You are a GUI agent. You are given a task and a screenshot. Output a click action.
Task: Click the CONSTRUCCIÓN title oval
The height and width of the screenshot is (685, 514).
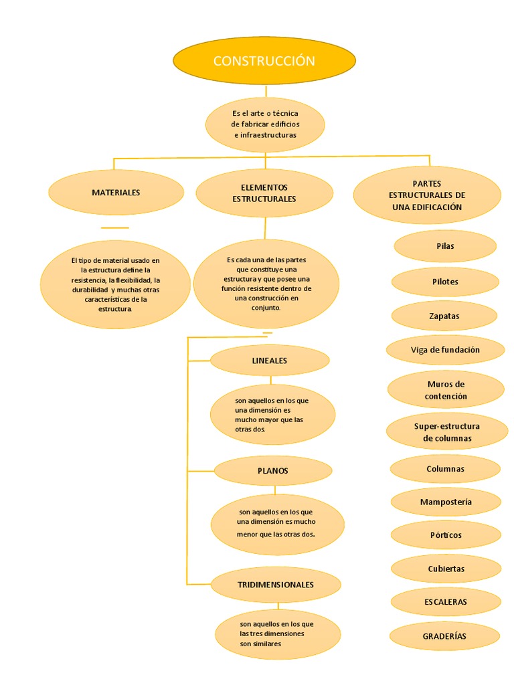(264, 61)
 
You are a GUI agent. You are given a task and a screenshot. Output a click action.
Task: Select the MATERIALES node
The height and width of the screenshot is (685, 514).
(116, 193)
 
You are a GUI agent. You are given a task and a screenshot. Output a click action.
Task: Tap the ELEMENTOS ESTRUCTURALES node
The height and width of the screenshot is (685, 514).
(264, 193)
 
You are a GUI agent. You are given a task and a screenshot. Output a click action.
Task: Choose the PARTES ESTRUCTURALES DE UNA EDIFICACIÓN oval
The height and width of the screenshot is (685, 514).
(427, 195)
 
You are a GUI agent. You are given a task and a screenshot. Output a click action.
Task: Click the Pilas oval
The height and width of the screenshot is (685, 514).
(445, 246)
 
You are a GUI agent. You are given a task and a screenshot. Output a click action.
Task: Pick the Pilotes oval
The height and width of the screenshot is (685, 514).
(445, 282)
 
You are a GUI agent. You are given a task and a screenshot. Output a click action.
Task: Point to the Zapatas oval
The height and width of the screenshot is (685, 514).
(444, 316)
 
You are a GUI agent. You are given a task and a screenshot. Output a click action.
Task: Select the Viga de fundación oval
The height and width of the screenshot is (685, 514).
(445, 350)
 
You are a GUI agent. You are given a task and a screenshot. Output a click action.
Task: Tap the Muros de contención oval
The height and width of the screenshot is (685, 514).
(446, 390)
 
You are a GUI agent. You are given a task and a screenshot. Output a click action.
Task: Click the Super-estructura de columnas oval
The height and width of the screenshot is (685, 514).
(447, 432)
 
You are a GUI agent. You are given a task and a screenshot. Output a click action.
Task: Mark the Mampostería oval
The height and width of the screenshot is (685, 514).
(446, 502)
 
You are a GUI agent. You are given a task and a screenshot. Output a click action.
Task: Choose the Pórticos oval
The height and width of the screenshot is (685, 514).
(446, 535)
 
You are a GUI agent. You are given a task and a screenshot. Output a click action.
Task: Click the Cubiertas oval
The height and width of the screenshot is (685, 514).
(446, 569)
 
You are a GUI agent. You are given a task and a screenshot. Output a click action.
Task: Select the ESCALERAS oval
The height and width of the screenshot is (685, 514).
(446, 602)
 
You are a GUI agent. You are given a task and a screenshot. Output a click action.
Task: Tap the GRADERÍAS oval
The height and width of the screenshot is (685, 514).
(445, 636)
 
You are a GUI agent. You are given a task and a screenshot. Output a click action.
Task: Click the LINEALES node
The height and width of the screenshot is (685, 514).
(270, 361)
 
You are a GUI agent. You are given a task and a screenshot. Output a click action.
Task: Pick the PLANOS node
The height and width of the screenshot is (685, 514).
(273, 471)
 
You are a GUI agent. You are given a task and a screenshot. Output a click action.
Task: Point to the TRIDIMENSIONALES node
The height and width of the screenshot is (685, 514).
(276, 585)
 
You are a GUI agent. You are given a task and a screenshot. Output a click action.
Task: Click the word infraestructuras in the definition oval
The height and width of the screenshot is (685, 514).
(266, 135)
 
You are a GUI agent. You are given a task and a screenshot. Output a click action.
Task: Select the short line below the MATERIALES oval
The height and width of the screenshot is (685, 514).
(114, 228)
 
